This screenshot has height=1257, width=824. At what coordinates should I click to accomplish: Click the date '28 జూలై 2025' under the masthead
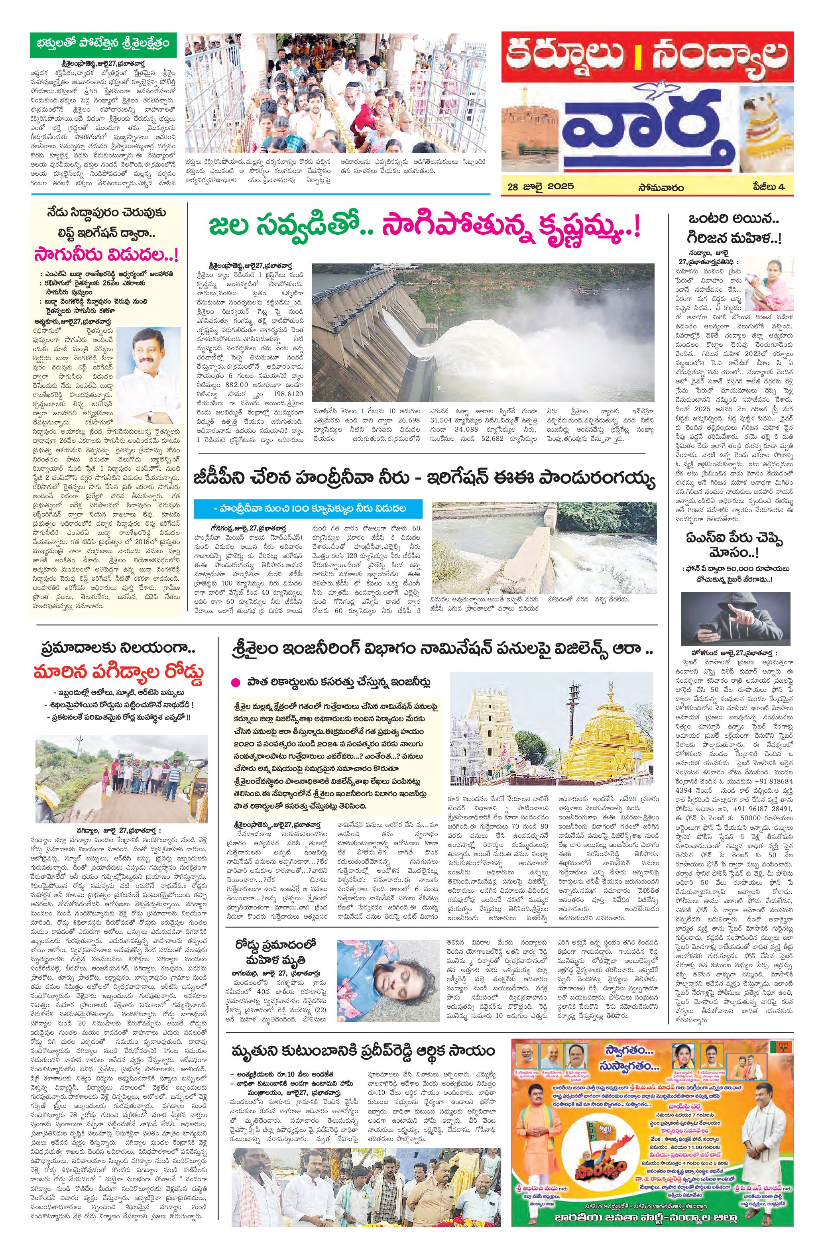pyautogui.click(x=540, y=187)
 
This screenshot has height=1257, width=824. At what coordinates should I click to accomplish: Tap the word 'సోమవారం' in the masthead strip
pyautogui.click(x=660, y=187)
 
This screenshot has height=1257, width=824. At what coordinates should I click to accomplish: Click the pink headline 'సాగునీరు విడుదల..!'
pyautogui.click(x=106, y=255)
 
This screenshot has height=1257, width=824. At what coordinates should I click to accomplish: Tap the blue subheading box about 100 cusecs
pyautogui.click(x=309, y=509)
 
